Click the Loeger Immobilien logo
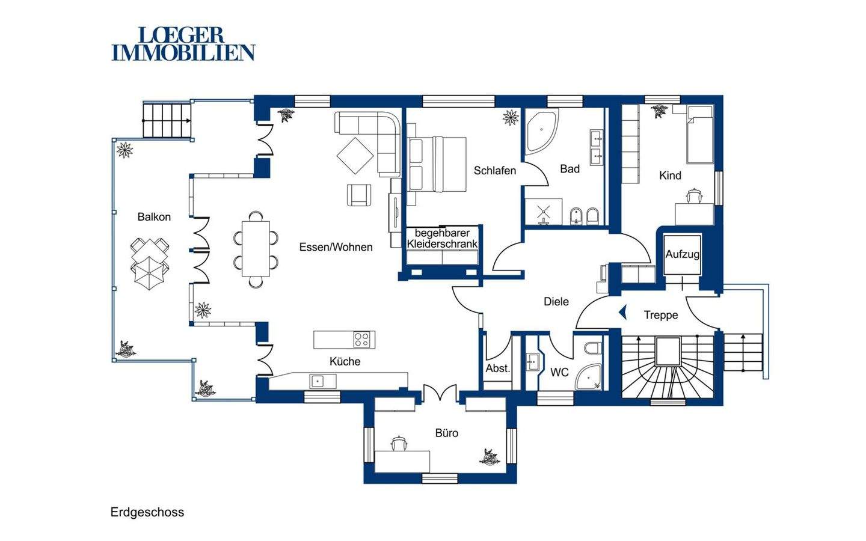click(x=183, y=44)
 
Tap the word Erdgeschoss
click(x=147, y=512)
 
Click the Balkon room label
click(x=154, y=217)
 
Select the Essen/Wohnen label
click(x=336, y=247)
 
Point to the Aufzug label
click(x=683, y=255)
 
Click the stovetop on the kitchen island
click(x=364, y=340)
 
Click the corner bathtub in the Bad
click(x=541, y=132)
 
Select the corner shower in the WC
click(x=589, y=377)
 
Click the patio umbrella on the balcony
click(x=149, y=273)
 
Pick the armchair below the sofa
click(x=359, y=195)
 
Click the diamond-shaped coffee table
click(x=355, y=156)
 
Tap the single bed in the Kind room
click(x=699, y=135)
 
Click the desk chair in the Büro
click(x=399, y=443)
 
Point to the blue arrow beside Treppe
click(x=623, y=312)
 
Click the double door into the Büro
click(x=440, y=393)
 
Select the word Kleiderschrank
click(x=442, y=244)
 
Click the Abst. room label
click(x=497, y=368)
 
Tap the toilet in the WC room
click(x=594, y=348)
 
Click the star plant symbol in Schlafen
click(x=511, y=117)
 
